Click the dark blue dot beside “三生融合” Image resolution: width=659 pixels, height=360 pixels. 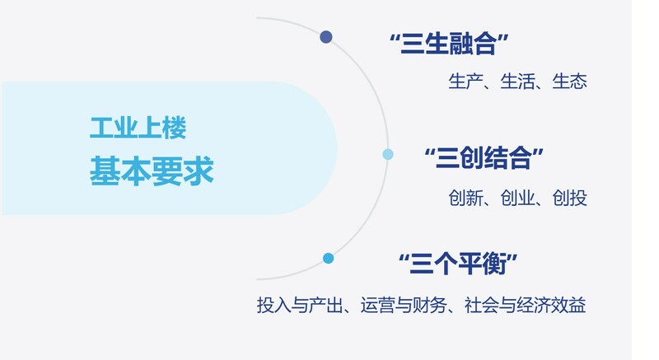325,37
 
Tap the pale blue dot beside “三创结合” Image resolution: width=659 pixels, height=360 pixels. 388,154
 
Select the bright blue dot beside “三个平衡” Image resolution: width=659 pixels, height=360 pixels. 328,258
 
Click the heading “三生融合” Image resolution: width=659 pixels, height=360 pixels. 449,44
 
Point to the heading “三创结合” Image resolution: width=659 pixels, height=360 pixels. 484,158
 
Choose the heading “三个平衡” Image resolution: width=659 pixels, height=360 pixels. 458,264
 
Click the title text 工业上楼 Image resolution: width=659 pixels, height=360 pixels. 138,128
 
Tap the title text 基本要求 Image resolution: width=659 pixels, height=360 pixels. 152,171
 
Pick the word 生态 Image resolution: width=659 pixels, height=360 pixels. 569,81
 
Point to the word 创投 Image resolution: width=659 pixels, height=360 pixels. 569,198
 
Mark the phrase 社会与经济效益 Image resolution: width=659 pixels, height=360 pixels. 525,305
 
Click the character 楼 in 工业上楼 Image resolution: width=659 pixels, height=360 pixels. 174,128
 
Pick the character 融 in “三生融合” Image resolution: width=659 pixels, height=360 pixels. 460,44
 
